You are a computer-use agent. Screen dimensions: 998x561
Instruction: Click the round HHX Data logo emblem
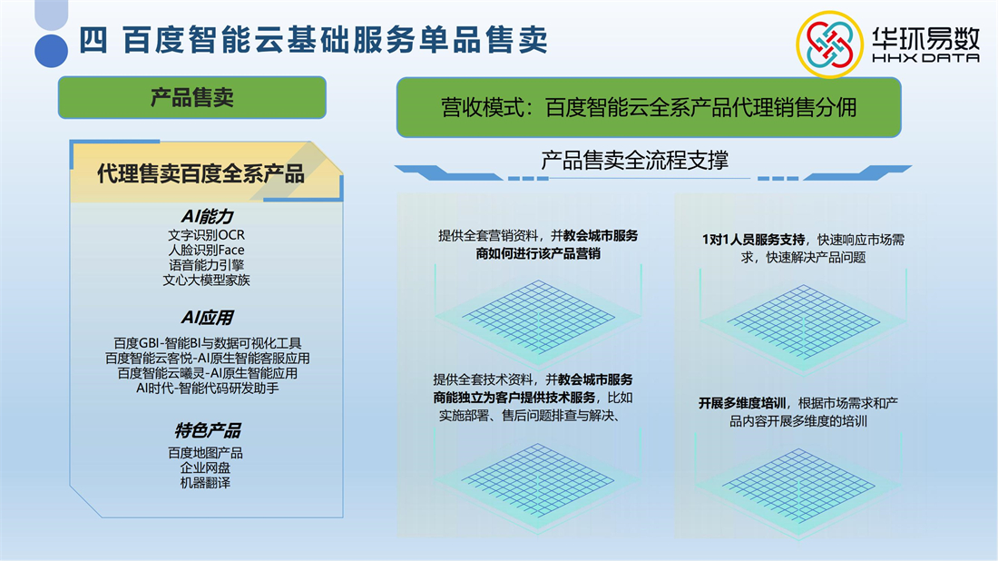[x=829, y=44]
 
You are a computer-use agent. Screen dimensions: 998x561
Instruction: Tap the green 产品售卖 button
[x=192, y=97]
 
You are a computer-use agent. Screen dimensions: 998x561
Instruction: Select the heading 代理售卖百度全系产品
[x=201, y=173]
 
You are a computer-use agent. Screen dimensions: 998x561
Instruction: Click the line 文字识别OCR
[x=206, y=235]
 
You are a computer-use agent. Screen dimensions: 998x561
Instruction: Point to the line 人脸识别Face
[x=206, y=251]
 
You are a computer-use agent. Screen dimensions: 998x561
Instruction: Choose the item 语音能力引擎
[x=206, y=265]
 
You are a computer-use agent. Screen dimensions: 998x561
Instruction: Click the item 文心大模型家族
[x=206, y=280]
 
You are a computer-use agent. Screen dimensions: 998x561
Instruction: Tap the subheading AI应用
[x=208, y=317]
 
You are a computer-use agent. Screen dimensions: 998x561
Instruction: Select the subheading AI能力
[x=208, y=217]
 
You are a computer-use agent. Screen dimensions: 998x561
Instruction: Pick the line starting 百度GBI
[x=208, y=343]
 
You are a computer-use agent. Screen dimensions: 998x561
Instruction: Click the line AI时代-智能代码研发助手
[x=208, y=389]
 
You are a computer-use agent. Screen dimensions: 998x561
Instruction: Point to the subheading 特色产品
[x=208, y=431]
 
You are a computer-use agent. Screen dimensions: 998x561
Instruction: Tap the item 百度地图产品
[x=205, y=453]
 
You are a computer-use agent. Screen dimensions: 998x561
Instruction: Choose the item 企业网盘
[x=205, y=468]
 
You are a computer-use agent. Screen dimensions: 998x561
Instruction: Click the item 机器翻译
[x=205, y=483]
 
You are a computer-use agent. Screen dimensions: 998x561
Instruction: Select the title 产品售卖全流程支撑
[x=634, y=160]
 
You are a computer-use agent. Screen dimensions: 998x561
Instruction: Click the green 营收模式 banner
[x=649, y=107]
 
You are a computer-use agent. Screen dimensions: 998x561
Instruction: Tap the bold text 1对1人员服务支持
[x=754, y=240]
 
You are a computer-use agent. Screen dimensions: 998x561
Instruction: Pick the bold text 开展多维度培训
[x=742, y=403]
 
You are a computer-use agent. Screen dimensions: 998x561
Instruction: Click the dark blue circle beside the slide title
[x=51, y=51]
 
